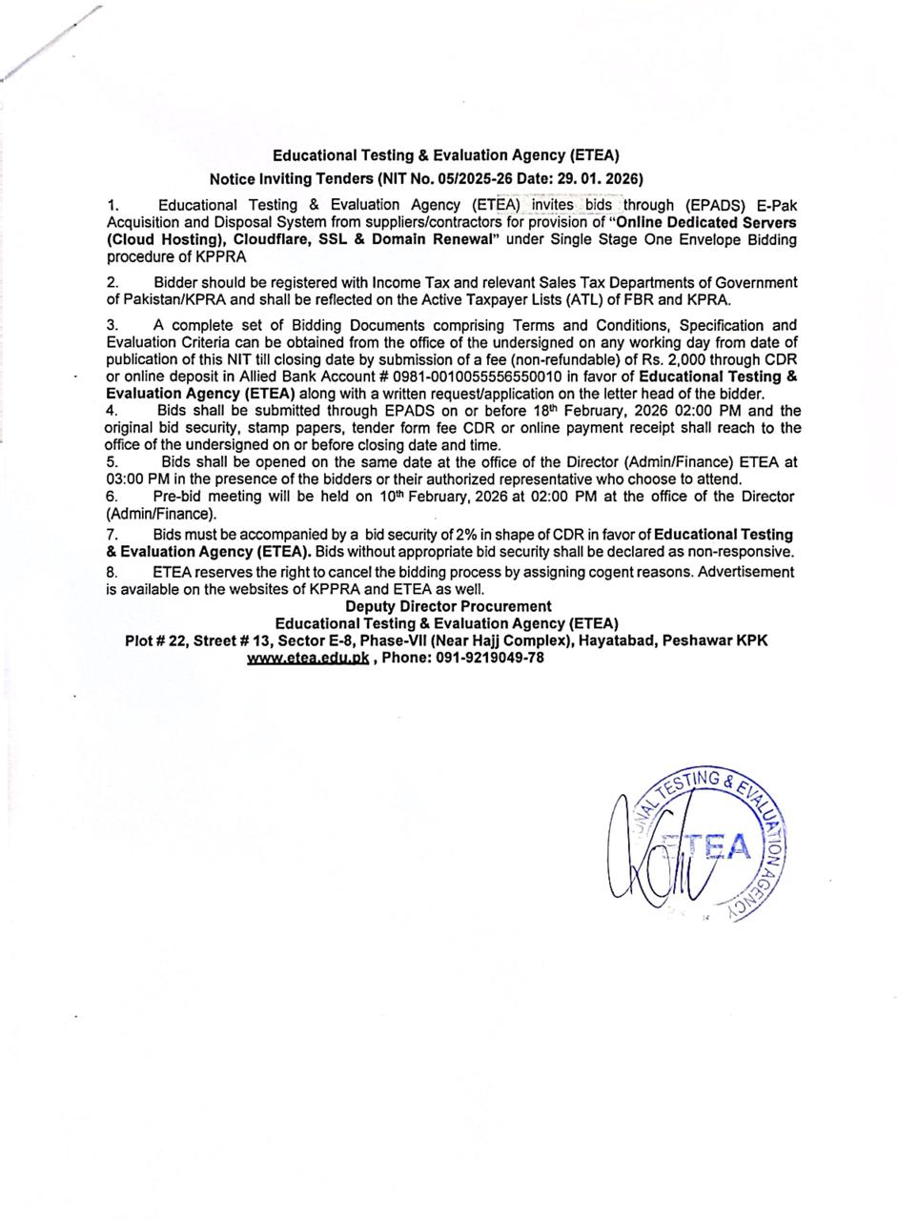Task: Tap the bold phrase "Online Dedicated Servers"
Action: pyautogui.click(x=706, y=222)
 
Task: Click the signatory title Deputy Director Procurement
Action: pyautogui.click(x=448, y=606)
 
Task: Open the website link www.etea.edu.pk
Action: pyautogui.click(x=307, y=658)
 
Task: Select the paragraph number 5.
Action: pyautogui.click(x=112, y=462)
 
